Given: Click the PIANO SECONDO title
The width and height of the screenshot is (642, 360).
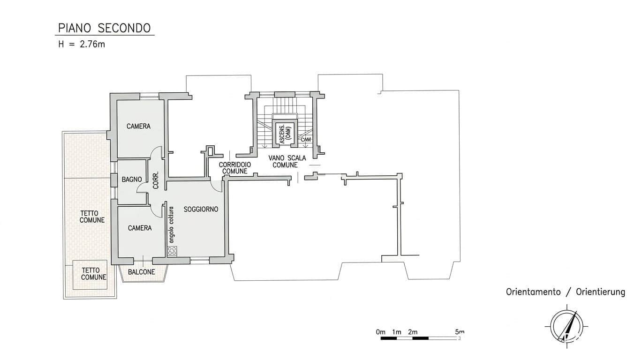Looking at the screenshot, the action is pyautogui.click(x=104, y=28).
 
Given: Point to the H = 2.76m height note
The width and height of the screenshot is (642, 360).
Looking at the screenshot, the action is pyautogui.click(x=82, y=45).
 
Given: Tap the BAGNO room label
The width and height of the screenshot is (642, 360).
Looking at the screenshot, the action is pyautogui.click(x=132, y=180).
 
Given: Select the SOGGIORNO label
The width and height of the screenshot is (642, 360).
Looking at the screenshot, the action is pyautogui.click(x=201, y=210).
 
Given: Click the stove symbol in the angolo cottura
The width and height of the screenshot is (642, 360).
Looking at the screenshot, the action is pyautogui.click(x=172, y=251).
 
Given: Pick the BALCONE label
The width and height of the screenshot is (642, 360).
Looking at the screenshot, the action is pyautogui.click(x=141, y=272).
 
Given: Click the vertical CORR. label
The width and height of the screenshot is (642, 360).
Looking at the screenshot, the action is pyautogui.click(x=156, y=180).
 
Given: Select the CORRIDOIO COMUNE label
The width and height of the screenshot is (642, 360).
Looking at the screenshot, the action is pyautogui.click(x=235, y=168).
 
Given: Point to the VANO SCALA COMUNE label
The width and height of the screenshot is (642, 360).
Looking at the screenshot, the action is pyautogui.click(x=287, y=162).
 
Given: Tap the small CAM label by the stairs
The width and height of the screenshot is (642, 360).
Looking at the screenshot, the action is pyautogui.click(x=306, y=140).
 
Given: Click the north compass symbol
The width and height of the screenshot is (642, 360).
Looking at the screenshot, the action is pyautogui.click(x=566, y=327).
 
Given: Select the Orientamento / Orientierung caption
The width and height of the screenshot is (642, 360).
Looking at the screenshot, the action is pyautogui.click(x=566, y=292).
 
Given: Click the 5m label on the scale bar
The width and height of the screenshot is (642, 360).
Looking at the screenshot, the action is pyautogui.click(x=460, y=332).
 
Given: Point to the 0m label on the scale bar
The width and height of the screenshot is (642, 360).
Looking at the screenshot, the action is pyautogui.click(x=381, y=332).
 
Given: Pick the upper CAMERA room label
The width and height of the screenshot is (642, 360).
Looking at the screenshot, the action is pyautogui.click(x=138, y=126).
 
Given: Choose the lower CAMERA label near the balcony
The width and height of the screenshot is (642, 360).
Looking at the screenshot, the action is pyautogui.click(x=140, y=228).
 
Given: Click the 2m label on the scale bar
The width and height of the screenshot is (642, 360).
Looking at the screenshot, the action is pyautogui.click(x=413, y=332).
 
